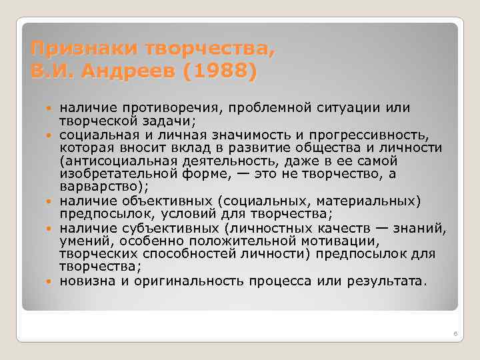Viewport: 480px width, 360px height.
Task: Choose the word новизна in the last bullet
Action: (x=86, y=281)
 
